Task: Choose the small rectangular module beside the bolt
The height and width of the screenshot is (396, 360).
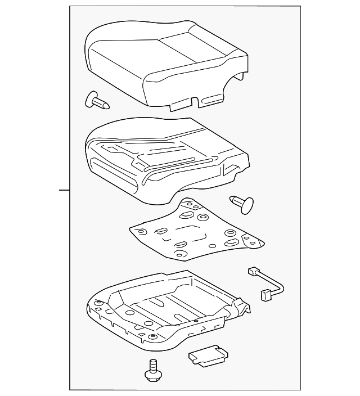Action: pos(208,356)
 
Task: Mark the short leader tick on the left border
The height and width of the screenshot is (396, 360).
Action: pos(64,190)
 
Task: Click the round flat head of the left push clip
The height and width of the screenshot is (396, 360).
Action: pos(90,99)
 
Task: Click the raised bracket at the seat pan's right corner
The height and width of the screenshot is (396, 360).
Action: pos(243,307)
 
